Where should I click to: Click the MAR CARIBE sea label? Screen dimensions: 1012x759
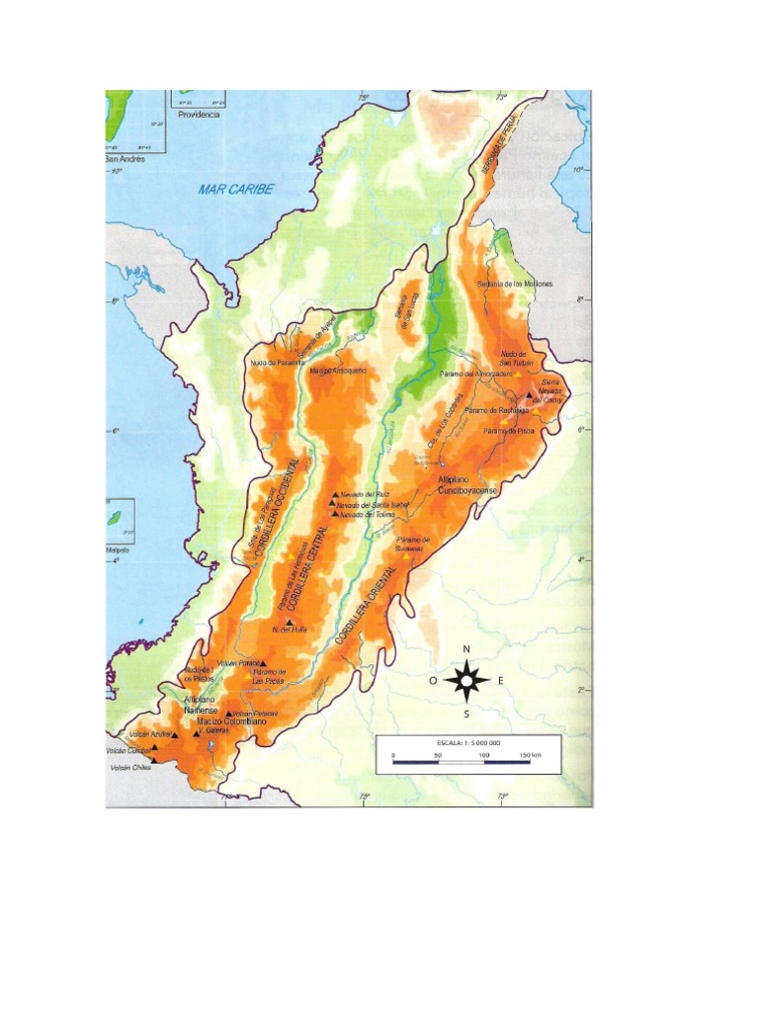(x=234, y=189)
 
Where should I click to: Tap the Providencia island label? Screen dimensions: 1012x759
(x=200, y=115)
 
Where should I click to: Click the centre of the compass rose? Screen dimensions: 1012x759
(x=467, y=680)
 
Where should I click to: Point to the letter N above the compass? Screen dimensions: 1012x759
(x=467, y=650)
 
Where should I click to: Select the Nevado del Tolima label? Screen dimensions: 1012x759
(x=369, y=515)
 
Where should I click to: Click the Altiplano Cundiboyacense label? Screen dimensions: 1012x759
(x=467, y=483)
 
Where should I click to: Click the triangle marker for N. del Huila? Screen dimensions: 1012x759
(x=289, y=622)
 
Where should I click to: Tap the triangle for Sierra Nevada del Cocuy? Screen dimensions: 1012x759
(x=531, y=395)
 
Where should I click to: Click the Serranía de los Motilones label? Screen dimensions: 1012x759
(x=514, y=284)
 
